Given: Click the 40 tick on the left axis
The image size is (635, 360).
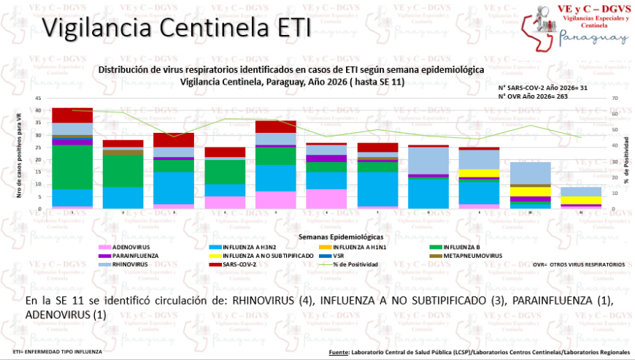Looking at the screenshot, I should pyautogui.click(x=39, y=110).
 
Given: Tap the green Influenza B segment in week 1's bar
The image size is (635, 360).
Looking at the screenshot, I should pyautogui.click(x=72, y=167).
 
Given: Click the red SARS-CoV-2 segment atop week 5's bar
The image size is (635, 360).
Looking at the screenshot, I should pyautogui.click(x=274, y=126).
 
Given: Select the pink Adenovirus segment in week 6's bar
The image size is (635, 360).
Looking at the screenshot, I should pyautogui.click(x=325, y=199).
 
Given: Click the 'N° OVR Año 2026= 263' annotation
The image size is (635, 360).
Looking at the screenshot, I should pyautogui.click(x=533, y=96).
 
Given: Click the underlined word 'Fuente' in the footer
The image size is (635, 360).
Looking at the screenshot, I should pyautogui.click(x=339, y=352).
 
